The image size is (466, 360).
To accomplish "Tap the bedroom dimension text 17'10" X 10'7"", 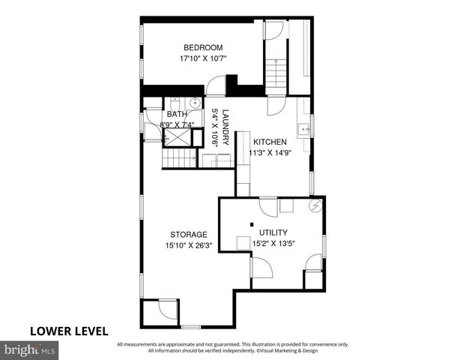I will pyautogui.click(x=202, y=58).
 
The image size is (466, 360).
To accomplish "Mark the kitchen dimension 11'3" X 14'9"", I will pyautogui.click(x=268, y=152).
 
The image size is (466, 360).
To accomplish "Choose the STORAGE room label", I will pyautogui.click(x=188, y=235).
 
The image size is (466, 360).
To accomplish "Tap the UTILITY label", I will pyautogui.click(x=273, y=232).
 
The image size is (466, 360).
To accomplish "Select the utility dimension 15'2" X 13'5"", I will pyautogui.click(x=273, y=243).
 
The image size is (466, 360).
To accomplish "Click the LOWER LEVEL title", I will pyautogui.click(x=69, y=330).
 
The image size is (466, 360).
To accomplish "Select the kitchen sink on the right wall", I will pyautogui.click(x=303, y=129).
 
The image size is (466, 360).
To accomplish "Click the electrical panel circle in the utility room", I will pyautogui.click(x=316, y=205).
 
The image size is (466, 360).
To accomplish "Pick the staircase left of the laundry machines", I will pyautogui.click(x=179, y=159).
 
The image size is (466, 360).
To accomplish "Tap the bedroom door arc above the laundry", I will pyautogui.click(x=216, y=86).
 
